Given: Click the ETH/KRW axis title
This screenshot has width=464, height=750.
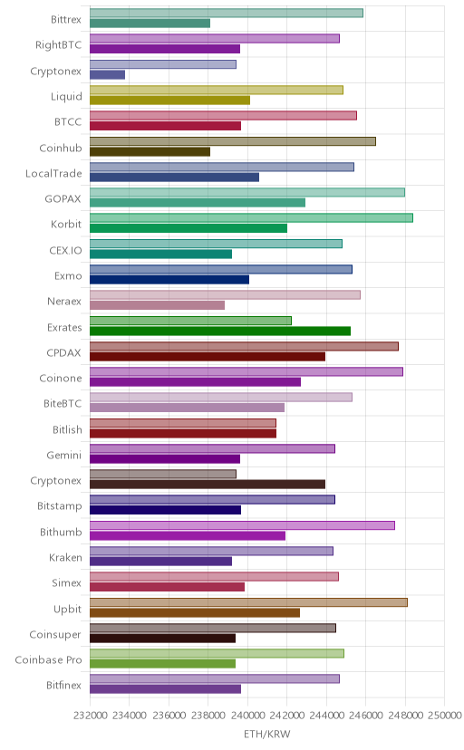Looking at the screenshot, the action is click(267, 734).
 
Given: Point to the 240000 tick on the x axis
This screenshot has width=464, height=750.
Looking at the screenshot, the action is click(247, 715).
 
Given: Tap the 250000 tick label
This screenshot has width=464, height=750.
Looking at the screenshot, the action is click(444, 715).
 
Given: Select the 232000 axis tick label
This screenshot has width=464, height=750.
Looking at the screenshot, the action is click(90, 715).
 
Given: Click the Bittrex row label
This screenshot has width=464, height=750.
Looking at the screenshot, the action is click(66, 20).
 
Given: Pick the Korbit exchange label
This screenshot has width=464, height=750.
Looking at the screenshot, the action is click(66, 225).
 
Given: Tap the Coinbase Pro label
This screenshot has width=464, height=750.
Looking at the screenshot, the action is click(48, 660).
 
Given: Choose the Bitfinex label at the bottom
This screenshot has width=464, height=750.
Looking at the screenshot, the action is click(64, 686).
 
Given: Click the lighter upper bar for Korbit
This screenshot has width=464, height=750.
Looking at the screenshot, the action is click(251, 218).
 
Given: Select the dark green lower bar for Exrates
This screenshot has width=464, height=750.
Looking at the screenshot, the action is click(220, 331).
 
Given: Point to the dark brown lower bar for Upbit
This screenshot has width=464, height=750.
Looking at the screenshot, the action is click(195, 612).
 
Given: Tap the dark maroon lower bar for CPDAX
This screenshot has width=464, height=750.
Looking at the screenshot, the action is click(208, 356).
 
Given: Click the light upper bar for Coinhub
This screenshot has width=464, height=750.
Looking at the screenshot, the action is click(233, 141).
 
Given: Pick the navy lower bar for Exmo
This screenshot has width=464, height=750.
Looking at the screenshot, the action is click(169, 280).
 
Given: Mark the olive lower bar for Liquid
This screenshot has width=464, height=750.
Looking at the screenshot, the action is click(169, 101).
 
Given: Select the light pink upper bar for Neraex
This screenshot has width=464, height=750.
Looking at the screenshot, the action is click(225, 294).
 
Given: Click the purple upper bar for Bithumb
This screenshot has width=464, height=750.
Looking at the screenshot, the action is click(242, 525).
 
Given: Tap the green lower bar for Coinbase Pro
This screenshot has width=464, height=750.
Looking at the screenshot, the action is click(162, 664).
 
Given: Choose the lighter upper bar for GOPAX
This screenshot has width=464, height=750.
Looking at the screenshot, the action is click(247, 192).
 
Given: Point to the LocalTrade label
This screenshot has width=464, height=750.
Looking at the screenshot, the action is click(53, 174).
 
